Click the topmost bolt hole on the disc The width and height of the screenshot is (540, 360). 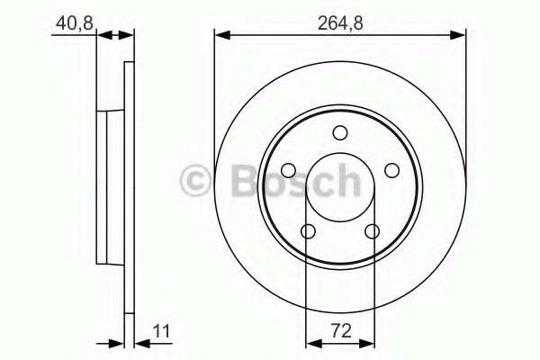(x=339, y=133)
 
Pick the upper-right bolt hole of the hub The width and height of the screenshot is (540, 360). (x=391, y=170)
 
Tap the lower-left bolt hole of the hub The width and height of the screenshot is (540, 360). (x=308, y=231)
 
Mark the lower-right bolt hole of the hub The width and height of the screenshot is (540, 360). (x=372, y=231)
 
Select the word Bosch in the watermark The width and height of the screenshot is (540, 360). (x=297, y=182)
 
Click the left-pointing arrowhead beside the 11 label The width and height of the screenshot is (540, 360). (x=140, y=341)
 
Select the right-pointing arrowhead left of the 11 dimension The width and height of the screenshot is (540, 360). (x=116, y=341)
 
